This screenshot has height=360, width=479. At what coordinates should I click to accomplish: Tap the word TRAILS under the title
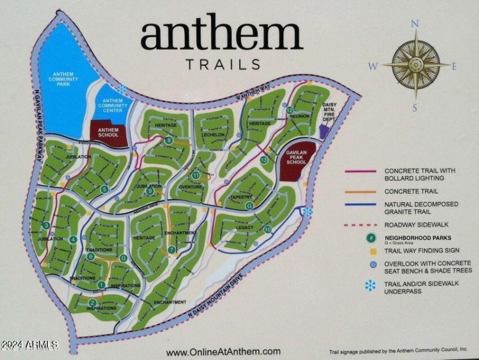tap(222, 64)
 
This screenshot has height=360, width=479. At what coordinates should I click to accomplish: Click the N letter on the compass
tap(415, 25)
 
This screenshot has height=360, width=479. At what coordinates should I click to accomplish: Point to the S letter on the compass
tap(415, 108)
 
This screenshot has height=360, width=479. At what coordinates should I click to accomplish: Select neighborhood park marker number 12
tap(290, 111)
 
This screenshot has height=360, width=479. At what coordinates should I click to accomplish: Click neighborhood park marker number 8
tap(169, 141)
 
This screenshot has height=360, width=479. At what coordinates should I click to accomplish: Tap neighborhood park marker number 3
tap(47, 225)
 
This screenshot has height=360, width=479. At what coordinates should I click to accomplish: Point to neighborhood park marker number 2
tap(92, 302)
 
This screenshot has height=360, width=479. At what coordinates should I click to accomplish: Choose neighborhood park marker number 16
tap(268, 229)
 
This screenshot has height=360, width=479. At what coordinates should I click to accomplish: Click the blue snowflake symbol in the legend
tap(371, 286)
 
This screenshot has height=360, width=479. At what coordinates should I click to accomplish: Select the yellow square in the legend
tap(372, 252)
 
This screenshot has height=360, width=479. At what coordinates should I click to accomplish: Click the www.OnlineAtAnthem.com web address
tap(223, 352)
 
